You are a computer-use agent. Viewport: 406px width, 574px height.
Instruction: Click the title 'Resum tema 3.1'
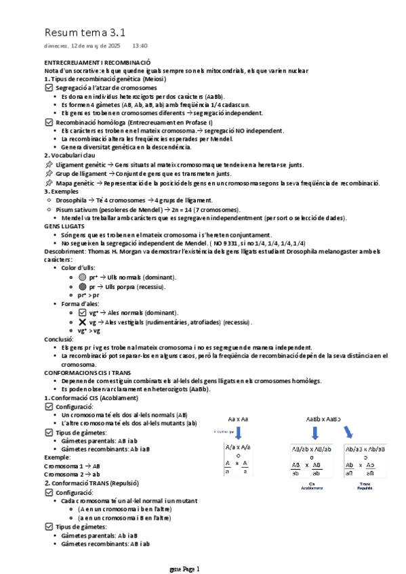point(85,32)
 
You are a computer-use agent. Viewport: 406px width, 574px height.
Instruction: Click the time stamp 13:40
point(140,46)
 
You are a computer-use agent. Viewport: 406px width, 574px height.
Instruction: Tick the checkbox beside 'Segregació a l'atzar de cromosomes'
point(48,88)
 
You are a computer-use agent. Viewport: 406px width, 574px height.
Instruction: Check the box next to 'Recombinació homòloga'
point(48,123)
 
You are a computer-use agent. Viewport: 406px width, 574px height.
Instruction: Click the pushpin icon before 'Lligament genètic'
point(48,164)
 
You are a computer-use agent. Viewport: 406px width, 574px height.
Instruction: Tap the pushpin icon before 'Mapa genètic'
point(48,183)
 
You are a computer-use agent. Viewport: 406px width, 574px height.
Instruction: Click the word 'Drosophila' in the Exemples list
point(71,200)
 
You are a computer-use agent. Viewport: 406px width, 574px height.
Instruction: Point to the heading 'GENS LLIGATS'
point(65,226)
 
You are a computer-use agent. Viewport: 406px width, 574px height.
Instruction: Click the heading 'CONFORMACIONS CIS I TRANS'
point(88,373)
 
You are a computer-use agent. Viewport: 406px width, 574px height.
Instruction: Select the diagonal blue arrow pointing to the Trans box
point(349,432)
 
